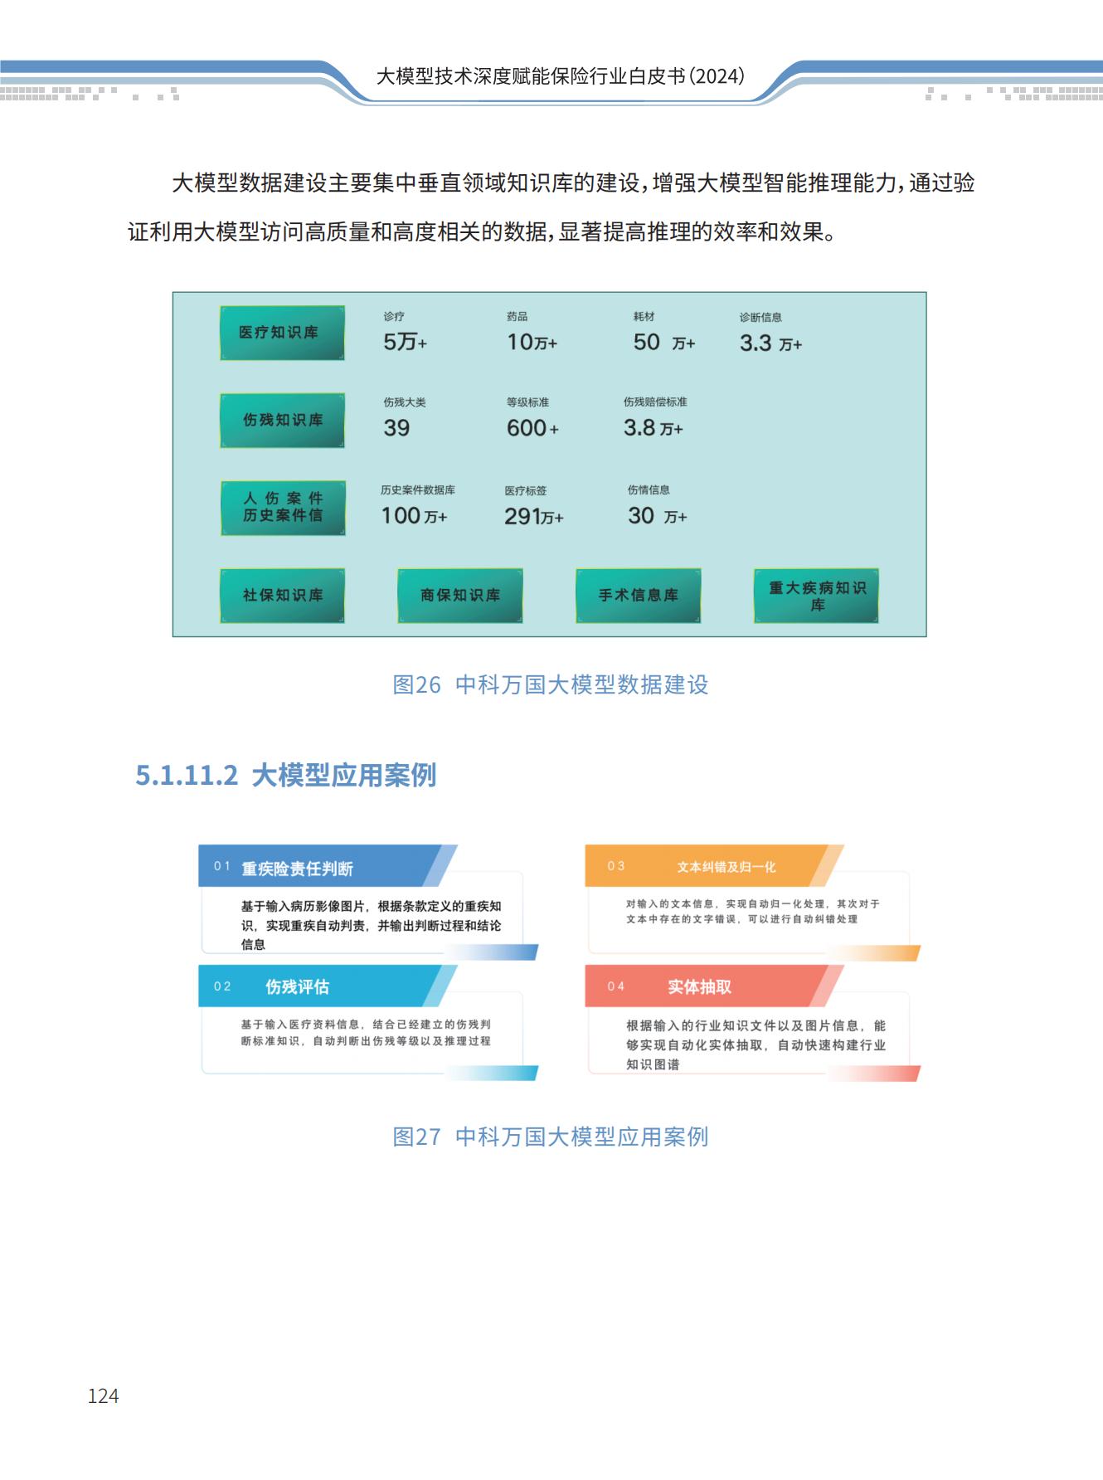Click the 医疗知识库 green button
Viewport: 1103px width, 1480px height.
pos(282,333)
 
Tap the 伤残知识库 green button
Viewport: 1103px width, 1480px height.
pos(282,421)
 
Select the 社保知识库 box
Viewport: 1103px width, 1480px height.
pos(282,596)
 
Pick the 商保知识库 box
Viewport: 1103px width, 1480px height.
pos(460,596)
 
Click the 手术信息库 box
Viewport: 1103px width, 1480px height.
pos(639,596)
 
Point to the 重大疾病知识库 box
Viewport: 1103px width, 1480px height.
pos(816,596)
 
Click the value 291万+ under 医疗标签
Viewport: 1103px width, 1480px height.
pos(533,517)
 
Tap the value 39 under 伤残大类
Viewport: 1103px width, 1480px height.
pos(396,428)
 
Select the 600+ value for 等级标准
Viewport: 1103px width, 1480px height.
pos(532,428)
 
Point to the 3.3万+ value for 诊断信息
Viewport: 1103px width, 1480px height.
pos(770,343)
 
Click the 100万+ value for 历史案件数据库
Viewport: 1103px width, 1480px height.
pos(414,516)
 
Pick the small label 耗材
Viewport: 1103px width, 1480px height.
pos(644,317)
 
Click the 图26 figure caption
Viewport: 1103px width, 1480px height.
pos(551,685)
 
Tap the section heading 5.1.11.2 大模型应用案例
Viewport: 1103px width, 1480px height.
pos(286,776)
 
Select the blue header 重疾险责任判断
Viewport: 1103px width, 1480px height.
pos(297,869)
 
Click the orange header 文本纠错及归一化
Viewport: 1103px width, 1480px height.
pos(726,867)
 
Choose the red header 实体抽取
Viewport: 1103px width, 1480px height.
pos(699,986)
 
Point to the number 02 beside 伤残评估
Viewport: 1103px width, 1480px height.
pos(222,986)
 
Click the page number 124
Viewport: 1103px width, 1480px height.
pos(103,1396)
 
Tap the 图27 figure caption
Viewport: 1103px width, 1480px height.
pos(551,1137)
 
